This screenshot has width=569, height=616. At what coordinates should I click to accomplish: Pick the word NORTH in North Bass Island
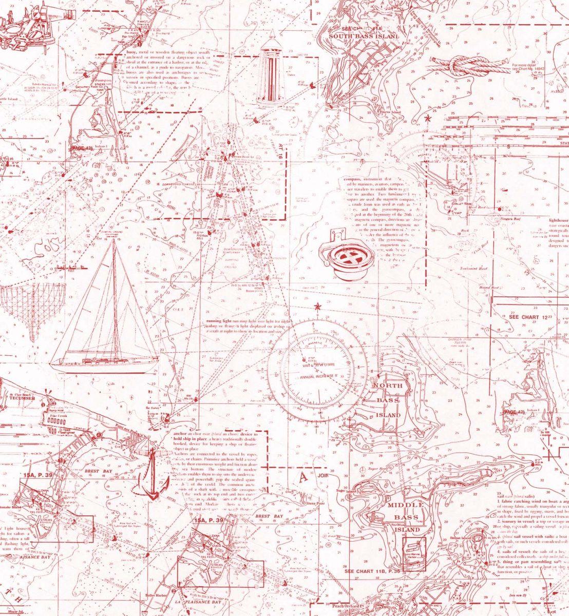click(x=388, y=386)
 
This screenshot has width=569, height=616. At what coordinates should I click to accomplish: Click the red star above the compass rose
click(x=317, y=307)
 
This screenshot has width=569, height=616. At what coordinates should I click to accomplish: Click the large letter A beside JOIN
click(x=303, y=476)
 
